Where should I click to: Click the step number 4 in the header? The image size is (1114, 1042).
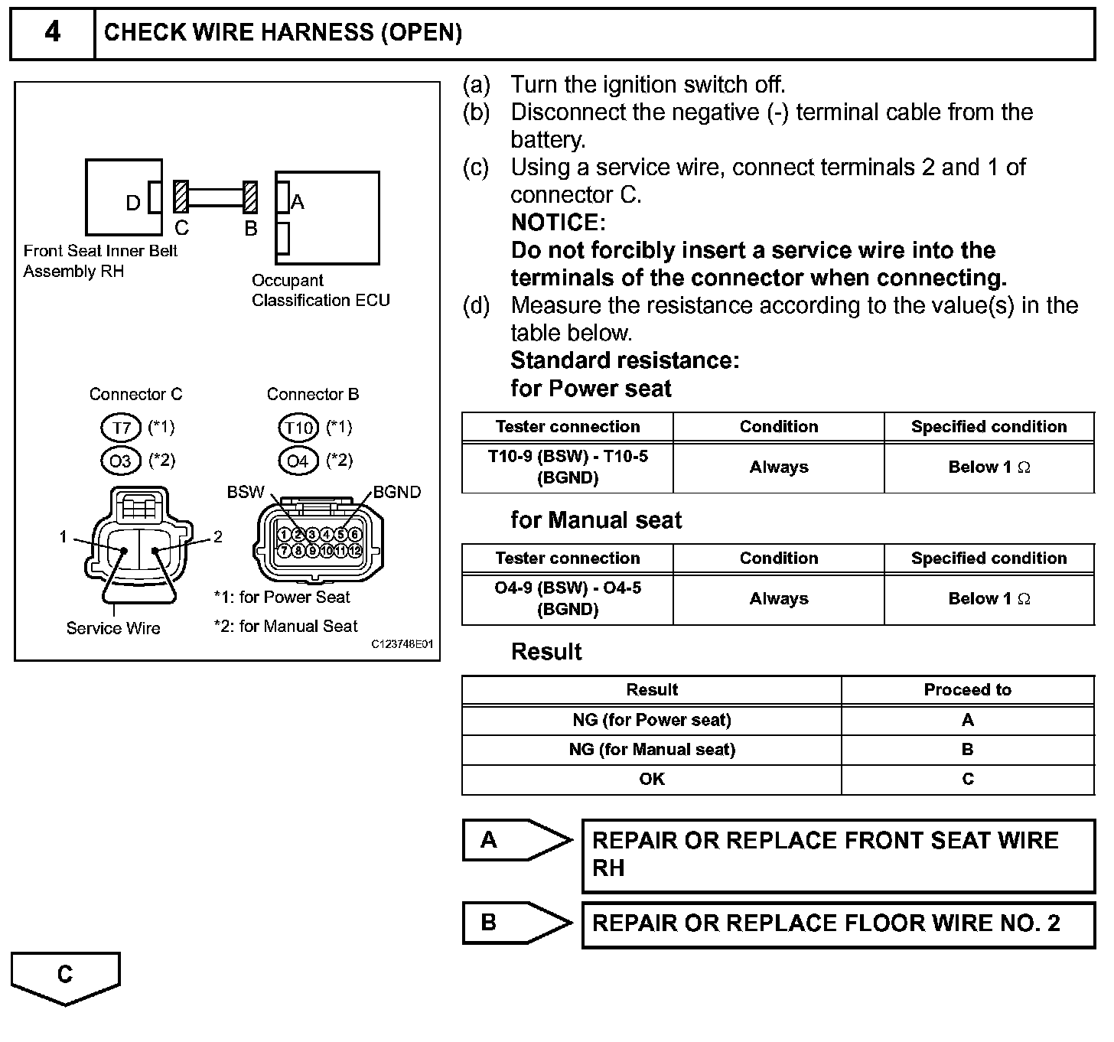[52, 32]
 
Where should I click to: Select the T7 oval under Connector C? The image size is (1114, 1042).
[121, 427]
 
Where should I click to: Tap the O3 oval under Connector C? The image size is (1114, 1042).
[121, 460]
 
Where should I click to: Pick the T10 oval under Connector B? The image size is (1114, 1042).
[298, 427]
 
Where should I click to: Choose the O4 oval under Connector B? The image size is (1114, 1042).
[298, 460]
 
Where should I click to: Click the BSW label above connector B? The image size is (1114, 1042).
[246, 492]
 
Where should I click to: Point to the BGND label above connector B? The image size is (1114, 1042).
[397, 492]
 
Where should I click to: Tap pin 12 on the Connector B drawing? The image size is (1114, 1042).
[354, 550]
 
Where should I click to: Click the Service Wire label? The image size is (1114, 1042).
[113, 628]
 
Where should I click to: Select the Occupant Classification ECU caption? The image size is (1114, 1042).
[321, 291]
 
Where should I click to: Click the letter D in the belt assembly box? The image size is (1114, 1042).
[133, 203]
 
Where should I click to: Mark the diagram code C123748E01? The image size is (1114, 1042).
[402, 644]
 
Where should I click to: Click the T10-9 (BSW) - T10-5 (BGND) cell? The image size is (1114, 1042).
[568, 467]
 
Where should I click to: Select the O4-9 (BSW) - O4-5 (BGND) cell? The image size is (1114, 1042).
[568, 598]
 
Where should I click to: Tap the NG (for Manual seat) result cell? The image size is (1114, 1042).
[652, 750]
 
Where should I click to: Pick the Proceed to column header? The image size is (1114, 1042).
[967, 690]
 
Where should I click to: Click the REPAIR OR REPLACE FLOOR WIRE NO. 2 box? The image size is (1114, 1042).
[838, 924]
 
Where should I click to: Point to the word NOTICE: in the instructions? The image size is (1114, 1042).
[558, 223]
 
